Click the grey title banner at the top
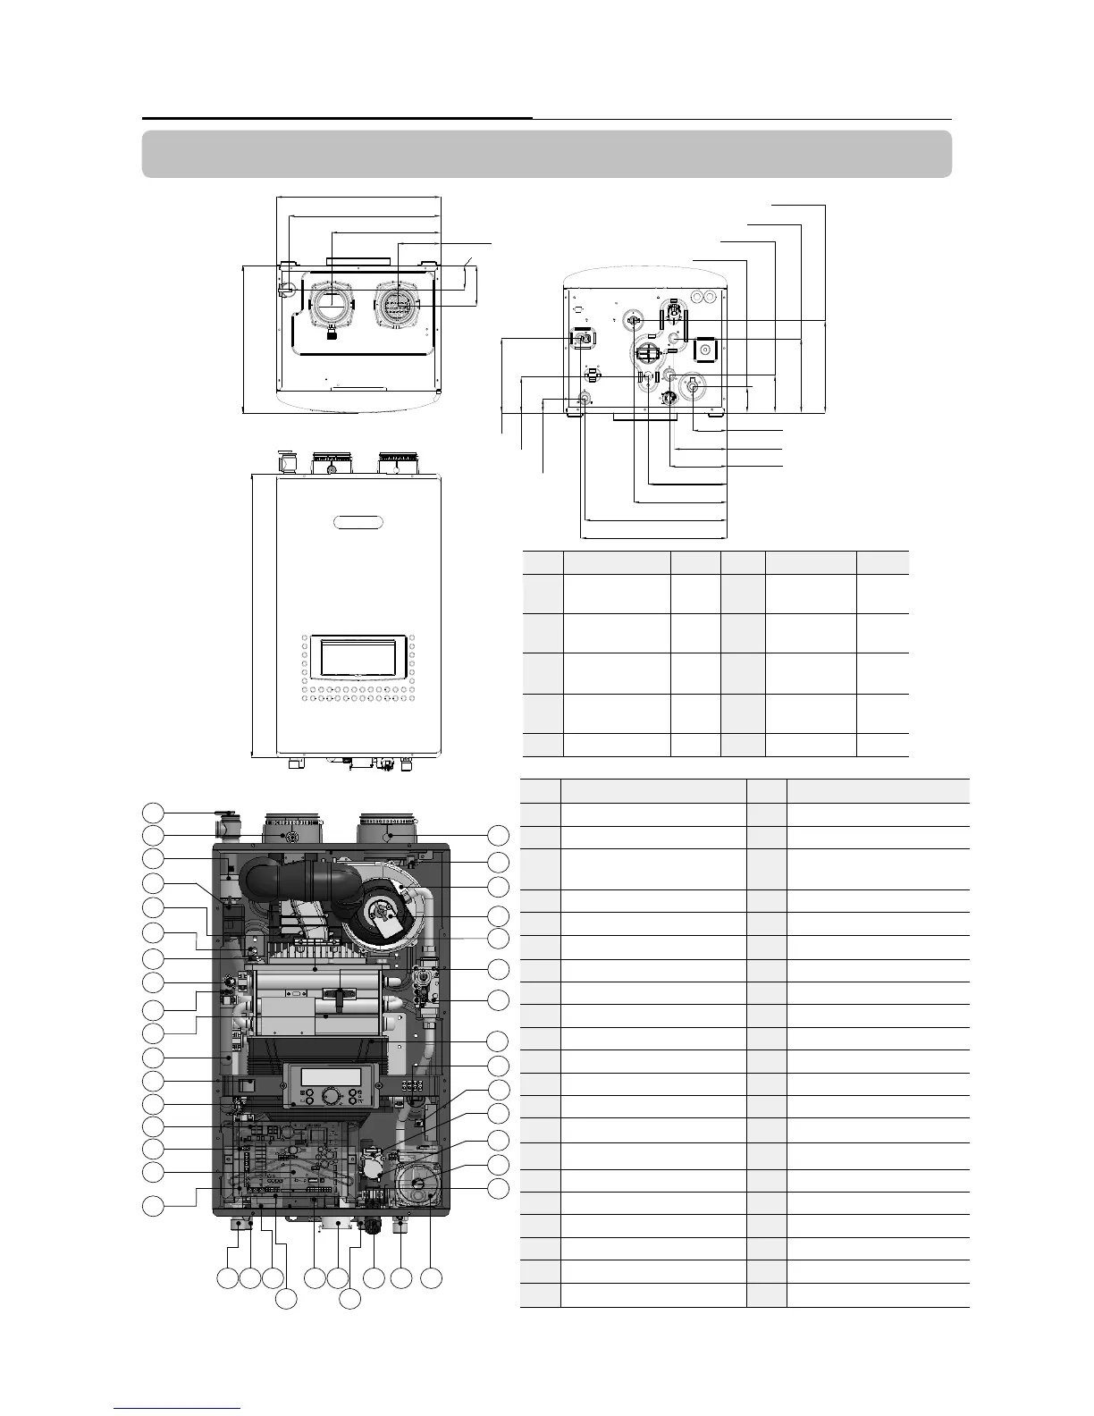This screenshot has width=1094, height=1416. (x=546, y=154)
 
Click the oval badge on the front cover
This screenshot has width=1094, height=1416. (x=358, y=521)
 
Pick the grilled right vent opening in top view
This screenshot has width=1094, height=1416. (x=397, y=304)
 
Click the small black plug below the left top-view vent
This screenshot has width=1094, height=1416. (x=332, y=334)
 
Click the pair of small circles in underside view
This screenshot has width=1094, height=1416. (x=703, y=296)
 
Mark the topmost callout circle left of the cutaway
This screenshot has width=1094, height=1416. (x=154, y=812)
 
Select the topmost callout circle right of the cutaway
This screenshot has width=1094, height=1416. (x=498, y=836)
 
